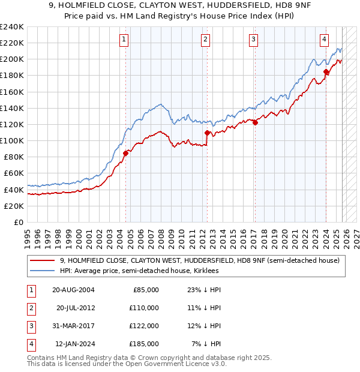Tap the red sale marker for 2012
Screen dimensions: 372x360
pyautogui.click(x=207, y=133)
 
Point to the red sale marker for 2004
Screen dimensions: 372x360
pyautogui.click(x=126, y=153)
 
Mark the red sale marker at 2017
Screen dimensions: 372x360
pyautogui.click(x=255, y=123)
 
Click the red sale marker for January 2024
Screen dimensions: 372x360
pyautogui.click(x=326, y=72)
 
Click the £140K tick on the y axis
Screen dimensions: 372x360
pyautogui.click(x=12, y=108)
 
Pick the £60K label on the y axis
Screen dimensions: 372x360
pyautogui.click(x=14, y=173)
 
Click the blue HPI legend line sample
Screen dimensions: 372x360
pyautogui.click(x=44, y=271)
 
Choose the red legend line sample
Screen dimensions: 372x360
pyautogui.click(x=44, y=260)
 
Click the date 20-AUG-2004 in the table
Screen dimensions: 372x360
pyautogui.click(x=73, y=290)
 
